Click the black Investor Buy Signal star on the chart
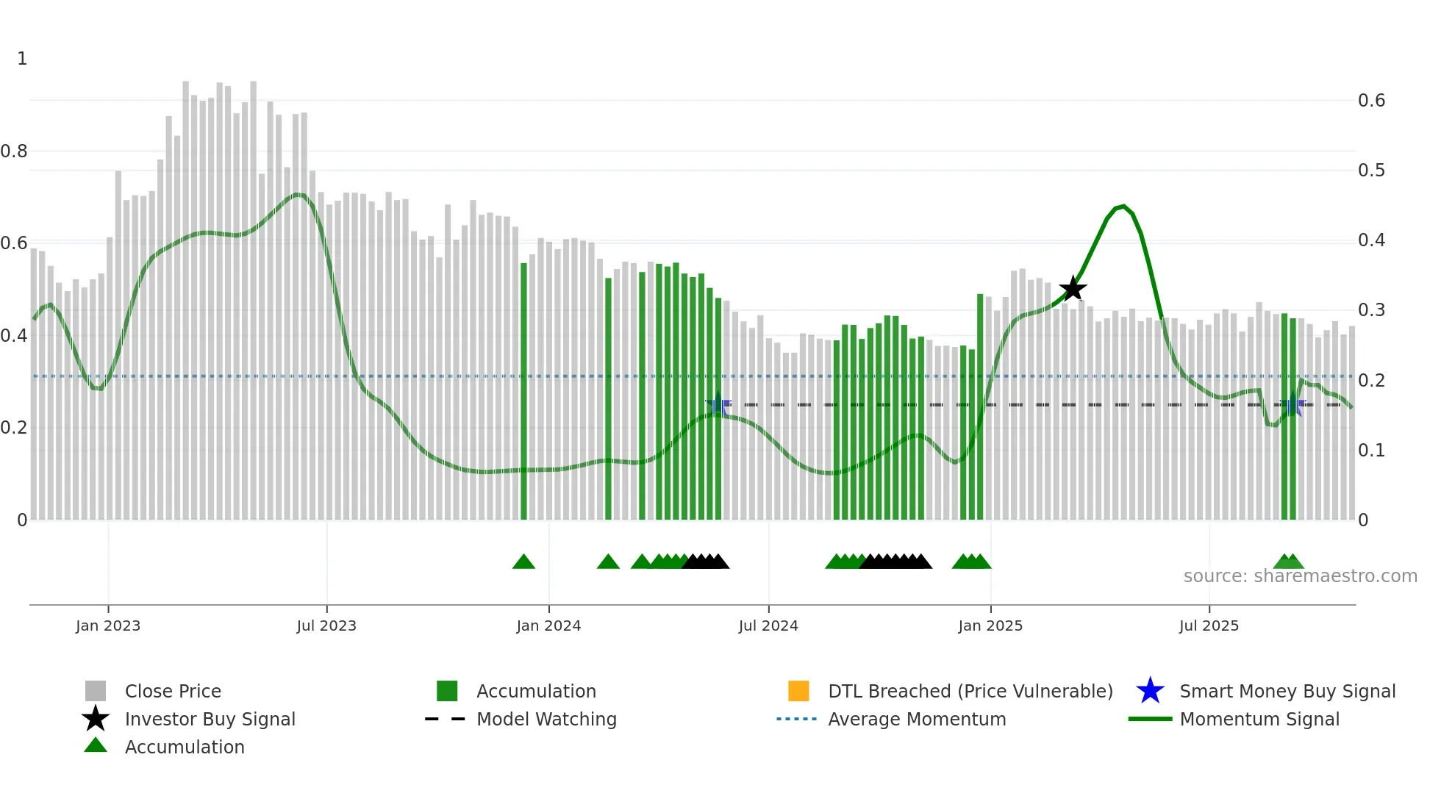click(1073, 289)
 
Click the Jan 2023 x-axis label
click(108, 626)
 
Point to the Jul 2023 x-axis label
click(326, 626)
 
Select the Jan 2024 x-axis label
click(548, 626)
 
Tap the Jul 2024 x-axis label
click(768, 626)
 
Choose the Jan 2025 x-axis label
click(990, 626)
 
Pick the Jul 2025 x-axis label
click(1209, 626)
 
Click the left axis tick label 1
click(22, 59)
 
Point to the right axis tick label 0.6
click(1371, 101)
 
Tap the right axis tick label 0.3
click(1371, 310)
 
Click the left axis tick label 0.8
click(14, 151)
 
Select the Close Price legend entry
click(173, 691)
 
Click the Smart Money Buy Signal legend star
click(1150, 691)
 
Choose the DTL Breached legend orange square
click(798, 691)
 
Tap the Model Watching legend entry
click(546, 719)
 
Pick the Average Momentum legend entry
click(917, 719)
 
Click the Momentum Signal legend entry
click(1259, 719)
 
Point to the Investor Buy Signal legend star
click(96, 719)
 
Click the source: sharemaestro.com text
click(1300, 576)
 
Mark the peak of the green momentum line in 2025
click(1123, 207)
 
